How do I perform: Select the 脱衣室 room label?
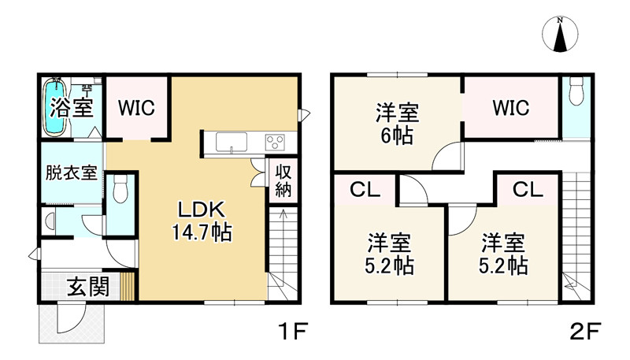[x=71, y=172]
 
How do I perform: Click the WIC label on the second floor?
[x=510, y=107]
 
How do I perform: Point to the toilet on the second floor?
[x=574, y=90]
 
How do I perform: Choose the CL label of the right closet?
[x=527, y=189]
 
